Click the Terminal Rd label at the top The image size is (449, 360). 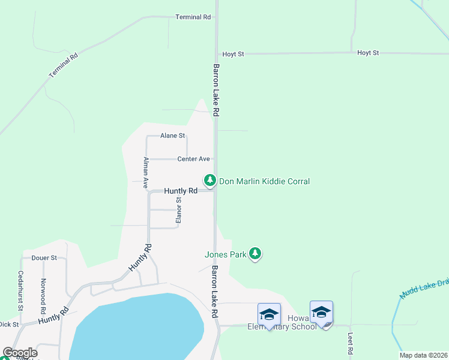click(193, 17)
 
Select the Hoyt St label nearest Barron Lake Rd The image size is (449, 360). click(233, 54)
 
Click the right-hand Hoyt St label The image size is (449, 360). click(368, 53)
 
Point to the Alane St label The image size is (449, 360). click(172, 136)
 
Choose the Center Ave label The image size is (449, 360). click(193, 159)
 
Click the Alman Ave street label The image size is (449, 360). click(145, 173)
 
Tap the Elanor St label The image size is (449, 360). click(178, 211)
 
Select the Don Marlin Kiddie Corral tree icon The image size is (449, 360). click(209, 179)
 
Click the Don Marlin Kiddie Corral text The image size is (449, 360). click(264, 181)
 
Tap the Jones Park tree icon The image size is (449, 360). click(256, 254)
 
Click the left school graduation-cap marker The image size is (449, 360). click(268, 314)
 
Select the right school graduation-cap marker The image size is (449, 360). click(321, 313)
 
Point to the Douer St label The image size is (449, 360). click(44, 258)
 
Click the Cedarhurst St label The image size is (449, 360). click(20, 290)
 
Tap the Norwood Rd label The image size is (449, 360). click(43, 296)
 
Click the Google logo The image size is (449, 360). click(20, 353)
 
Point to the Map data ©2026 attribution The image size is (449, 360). click(423, 355)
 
